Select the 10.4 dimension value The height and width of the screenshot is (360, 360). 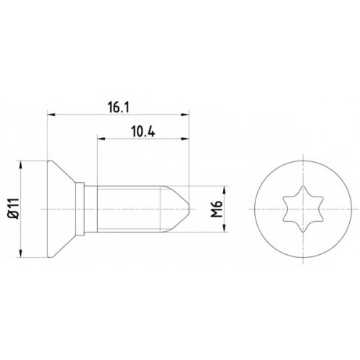(143, 132)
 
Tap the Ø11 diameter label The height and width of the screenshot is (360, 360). (14, 209)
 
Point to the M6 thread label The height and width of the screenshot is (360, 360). (217, 210)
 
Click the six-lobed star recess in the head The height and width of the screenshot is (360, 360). (303, 209)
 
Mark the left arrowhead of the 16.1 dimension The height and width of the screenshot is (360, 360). (51, 115)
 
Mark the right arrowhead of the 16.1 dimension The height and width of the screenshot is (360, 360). (185, 115)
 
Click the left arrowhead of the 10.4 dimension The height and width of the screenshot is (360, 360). (101, 138)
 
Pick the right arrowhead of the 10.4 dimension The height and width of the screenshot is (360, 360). (185, 138)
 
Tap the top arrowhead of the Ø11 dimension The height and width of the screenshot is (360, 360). (21, 165)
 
